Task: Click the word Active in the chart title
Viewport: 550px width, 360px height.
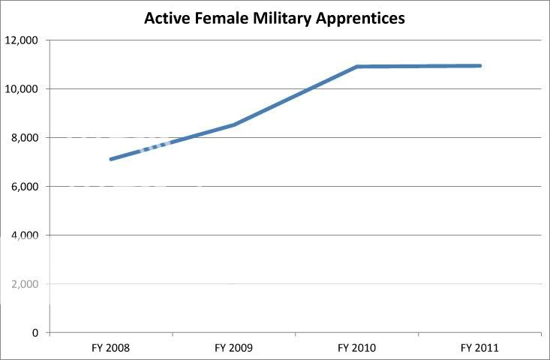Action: (167, 17)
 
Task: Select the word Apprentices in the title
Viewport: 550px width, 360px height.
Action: (359, 17)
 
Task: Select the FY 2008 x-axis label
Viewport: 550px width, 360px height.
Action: (110, 348)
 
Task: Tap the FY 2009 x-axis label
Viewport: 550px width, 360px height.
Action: (233, 348)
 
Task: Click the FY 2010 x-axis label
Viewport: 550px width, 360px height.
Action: (357, 348)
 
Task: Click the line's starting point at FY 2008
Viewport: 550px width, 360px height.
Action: (111, 159)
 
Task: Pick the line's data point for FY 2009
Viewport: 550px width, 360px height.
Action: (234, 124)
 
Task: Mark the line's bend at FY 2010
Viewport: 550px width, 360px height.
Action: (357, 67)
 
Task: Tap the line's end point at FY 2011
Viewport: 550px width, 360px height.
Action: (479, 66)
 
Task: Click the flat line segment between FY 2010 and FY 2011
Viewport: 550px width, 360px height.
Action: (418, 66)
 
